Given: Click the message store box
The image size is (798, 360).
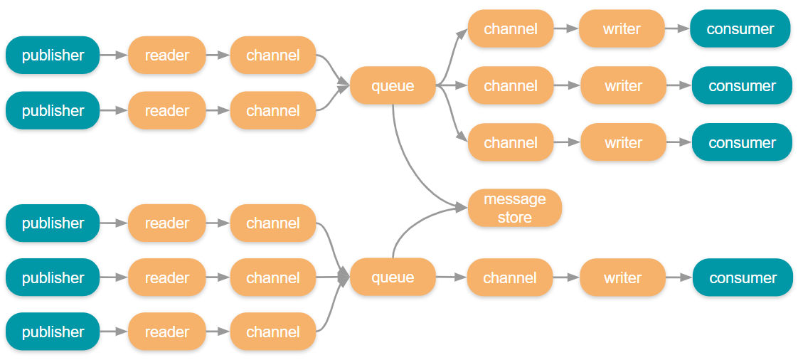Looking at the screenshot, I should [514, 208].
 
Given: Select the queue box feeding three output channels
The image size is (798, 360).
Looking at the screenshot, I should [393, 85].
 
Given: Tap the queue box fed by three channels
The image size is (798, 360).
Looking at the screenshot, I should [393, 277].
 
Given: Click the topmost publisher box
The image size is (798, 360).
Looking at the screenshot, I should [53, 55].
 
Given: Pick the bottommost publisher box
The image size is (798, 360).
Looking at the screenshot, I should [53, 332].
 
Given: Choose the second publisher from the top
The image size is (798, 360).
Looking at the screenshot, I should [53, 110].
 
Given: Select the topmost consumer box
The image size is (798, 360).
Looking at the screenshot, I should [740, 28].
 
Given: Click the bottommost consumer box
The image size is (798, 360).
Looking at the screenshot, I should [743, 277].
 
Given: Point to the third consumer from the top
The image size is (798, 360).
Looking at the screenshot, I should [742, 142].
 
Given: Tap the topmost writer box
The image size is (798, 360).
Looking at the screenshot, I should [622, 28].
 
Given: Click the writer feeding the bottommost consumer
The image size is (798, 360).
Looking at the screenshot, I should [622, 277].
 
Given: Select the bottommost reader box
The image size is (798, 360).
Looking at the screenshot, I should [167, 332].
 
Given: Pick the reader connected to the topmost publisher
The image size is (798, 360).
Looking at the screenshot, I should [167, 55].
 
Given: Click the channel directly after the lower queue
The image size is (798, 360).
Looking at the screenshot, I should [510, 277].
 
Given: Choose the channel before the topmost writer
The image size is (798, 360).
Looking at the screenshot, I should [510, 28].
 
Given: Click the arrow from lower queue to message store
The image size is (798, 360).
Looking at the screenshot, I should [416, 228].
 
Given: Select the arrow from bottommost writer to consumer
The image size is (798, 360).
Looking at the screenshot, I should [679, 277].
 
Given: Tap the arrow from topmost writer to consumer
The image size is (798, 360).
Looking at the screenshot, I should [676, 28].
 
